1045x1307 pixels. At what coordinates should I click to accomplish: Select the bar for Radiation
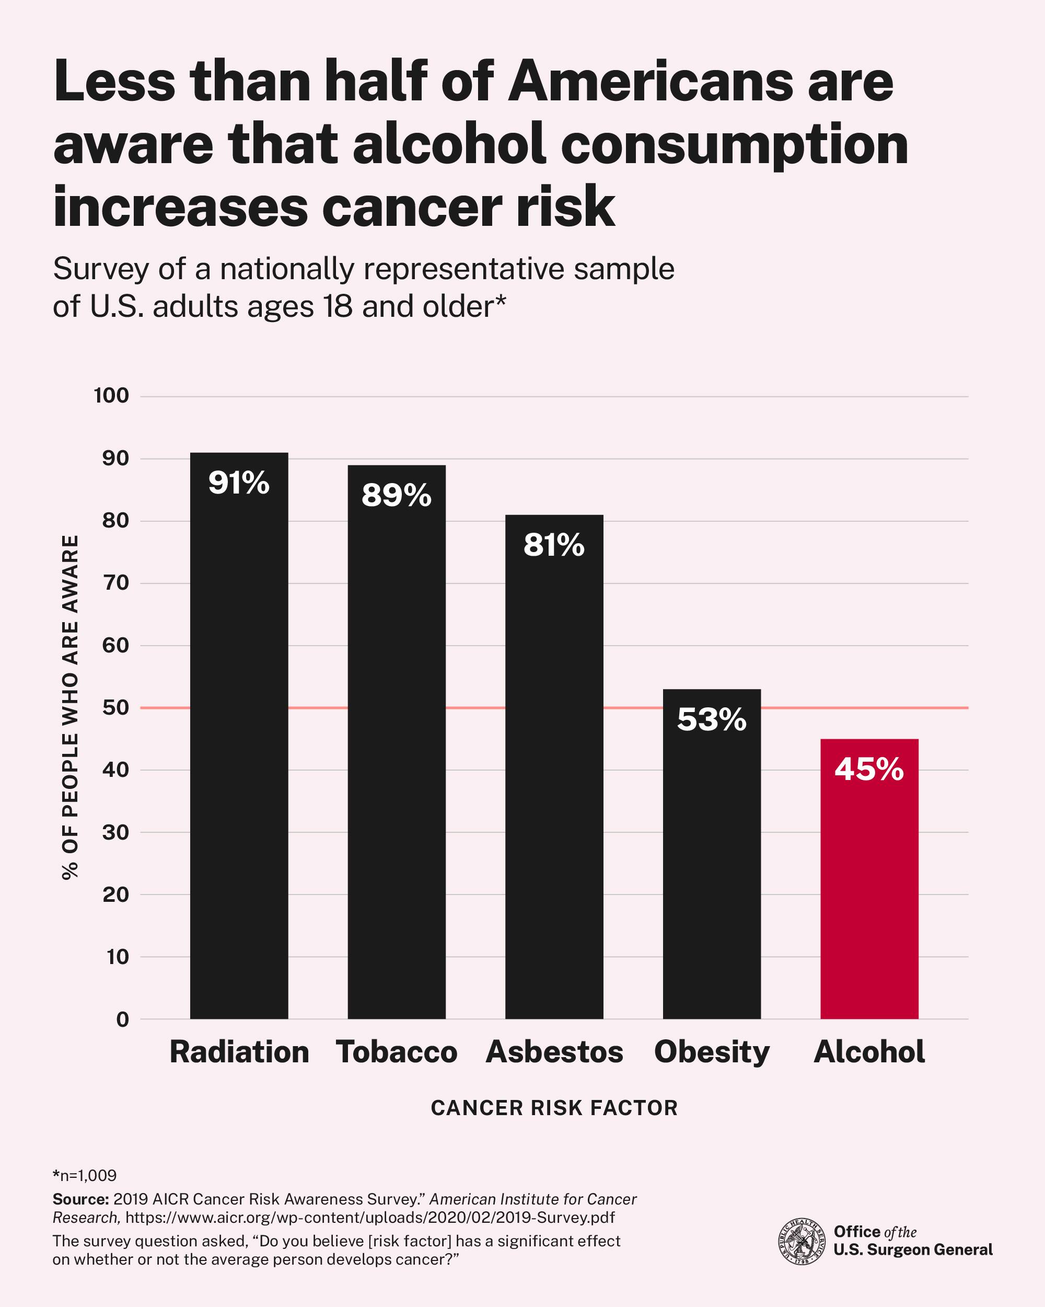click(239, 758)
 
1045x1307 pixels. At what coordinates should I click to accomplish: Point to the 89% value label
click(396, 495)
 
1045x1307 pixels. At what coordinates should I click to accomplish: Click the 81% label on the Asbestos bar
click(554, 545)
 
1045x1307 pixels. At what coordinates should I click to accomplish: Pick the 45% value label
click(869, 769)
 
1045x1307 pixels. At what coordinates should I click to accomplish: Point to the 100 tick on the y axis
click(111, 396)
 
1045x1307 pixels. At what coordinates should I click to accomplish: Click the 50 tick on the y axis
click(115, 707)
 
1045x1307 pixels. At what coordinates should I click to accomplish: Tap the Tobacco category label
click(396, 1052)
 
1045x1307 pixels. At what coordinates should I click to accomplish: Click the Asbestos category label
click(554, 1052)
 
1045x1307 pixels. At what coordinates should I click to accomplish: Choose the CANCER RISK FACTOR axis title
click(554, 1108)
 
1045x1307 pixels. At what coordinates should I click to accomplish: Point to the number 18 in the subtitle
click(338, 306)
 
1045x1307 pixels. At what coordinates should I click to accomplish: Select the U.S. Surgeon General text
click(913, 1250)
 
